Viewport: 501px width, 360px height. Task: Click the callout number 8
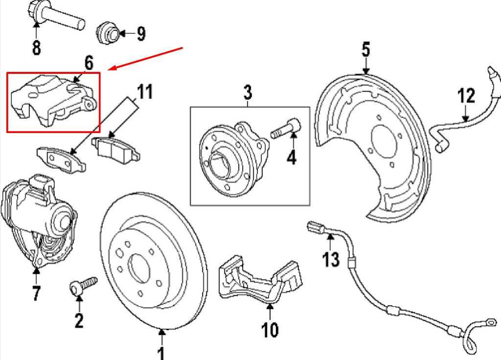click(36, 47)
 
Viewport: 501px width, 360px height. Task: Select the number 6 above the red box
click(88, 63)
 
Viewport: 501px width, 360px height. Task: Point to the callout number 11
click(144, 91)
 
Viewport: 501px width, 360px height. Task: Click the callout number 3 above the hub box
click(248, 91)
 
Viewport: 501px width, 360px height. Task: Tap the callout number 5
click(366, 49)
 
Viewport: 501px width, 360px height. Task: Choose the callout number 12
click(466, 95)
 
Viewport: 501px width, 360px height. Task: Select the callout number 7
click(36, 293)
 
